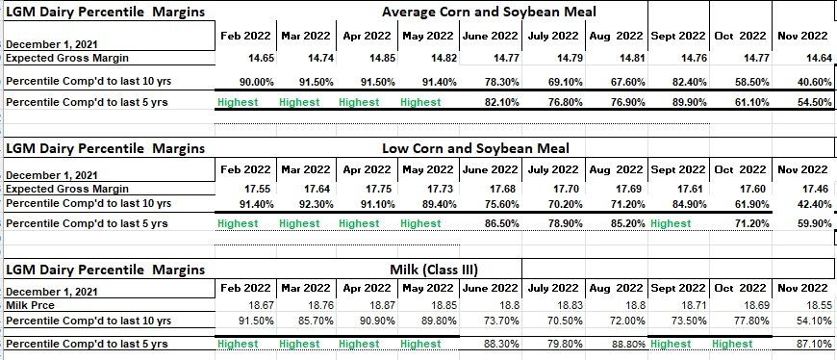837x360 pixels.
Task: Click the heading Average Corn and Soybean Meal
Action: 490,12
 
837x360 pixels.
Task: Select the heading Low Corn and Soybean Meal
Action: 475,148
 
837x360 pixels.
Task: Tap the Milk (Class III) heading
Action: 434,270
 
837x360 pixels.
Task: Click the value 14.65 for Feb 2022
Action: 262,58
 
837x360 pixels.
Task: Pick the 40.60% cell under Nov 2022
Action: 815,82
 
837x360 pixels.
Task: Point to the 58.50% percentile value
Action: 751,82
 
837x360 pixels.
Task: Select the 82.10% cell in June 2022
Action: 502,103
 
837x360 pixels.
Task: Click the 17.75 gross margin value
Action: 382,189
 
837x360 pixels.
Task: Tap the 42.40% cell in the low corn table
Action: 815,204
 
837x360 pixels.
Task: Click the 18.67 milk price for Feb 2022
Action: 262,306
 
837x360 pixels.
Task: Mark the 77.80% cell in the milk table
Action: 752,321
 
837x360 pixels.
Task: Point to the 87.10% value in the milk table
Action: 815,345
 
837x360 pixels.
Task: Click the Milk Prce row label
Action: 31,305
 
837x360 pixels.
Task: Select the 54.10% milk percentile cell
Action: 815,321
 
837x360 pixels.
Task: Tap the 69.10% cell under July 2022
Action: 566,82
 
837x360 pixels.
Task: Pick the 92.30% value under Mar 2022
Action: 317,204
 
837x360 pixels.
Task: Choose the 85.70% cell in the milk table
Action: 317,321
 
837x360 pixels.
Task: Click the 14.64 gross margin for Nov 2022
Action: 820,58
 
